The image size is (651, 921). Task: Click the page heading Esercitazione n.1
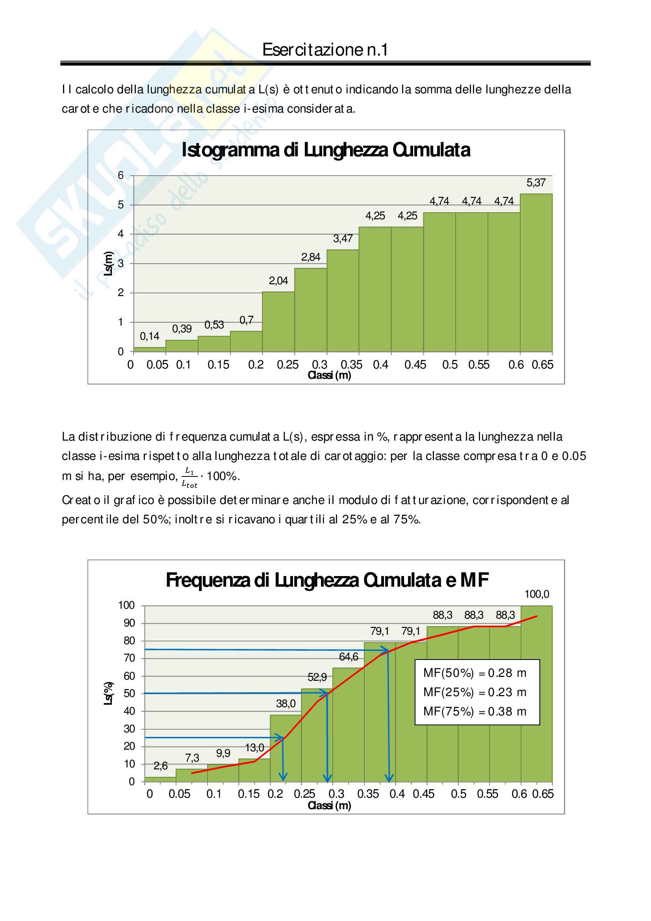tap(325, 50)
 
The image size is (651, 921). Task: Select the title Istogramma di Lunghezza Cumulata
tap(326, 150)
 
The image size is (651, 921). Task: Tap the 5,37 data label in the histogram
tap(536, 183)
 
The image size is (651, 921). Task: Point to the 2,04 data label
tap(278, 281)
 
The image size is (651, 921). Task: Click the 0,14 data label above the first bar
tap(149, 336)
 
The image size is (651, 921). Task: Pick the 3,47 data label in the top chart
tap(343, 239)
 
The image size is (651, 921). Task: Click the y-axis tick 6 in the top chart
tap(121, 175)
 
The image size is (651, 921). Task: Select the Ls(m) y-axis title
tap(108, 263)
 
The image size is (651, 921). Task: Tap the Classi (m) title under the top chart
tap(329, 376)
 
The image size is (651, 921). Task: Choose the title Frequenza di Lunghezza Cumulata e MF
tap(327, 580)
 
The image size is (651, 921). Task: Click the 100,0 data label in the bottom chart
tap(537, 594)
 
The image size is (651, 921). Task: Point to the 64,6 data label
tap(349, 657)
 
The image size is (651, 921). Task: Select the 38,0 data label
tap(286, 704)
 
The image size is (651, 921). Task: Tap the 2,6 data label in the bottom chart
tap(160, 766)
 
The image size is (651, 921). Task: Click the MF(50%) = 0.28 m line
tap(475, 673)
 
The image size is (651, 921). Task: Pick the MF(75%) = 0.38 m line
tap(475, 711)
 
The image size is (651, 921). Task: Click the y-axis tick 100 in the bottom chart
tap(126, 605)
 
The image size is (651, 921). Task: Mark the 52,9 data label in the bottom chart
tap(317, 677)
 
